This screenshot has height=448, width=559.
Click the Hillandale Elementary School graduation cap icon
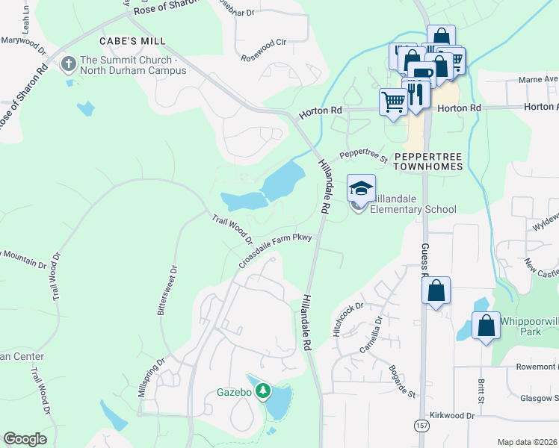pos(361,187)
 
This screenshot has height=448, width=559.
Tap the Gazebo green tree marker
pos(263,390)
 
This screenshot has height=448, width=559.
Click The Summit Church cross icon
pos(69,64)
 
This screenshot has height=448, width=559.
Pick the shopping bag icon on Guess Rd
pos(436,290)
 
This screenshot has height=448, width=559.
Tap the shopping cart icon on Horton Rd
pos(393,102)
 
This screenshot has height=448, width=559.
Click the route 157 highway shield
pos(421,425)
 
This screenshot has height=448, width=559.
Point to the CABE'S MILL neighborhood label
pos(133,40)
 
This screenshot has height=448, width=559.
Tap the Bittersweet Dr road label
pos(167,291)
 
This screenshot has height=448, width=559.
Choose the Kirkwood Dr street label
pos(453,415)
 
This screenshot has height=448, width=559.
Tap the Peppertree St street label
pos(362,155)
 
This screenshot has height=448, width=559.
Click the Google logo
pos(25,439)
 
